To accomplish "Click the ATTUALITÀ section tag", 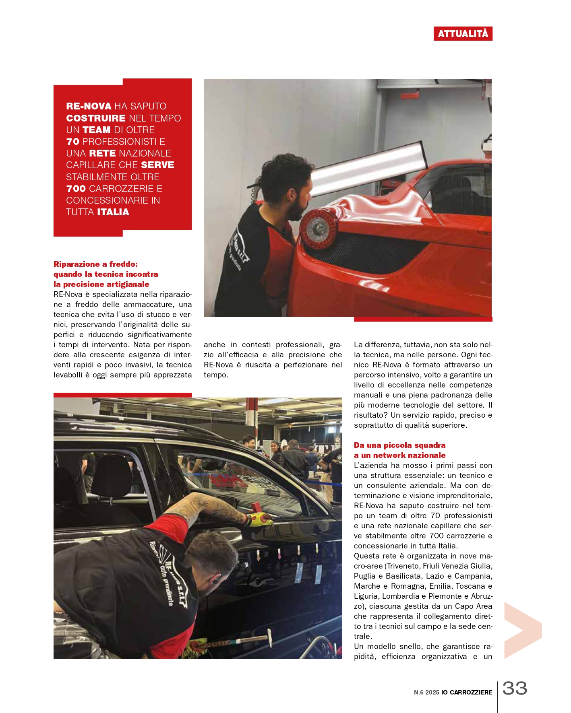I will (463, 34).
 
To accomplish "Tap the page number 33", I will (515, 688).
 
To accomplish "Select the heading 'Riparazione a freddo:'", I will (95, 264).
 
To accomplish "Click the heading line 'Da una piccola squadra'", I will (399, 445).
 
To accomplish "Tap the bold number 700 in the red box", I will (76, 189).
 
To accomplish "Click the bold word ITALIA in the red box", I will (113, 212).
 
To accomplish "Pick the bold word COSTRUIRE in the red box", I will (96, 118).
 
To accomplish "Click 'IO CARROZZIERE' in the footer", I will (467, 692).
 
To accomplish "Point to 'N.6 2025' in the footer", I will (426, 692).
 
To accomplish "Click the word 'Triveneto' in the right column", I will (402, 566).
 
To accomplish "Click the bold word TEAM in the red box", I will (96, 130).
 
